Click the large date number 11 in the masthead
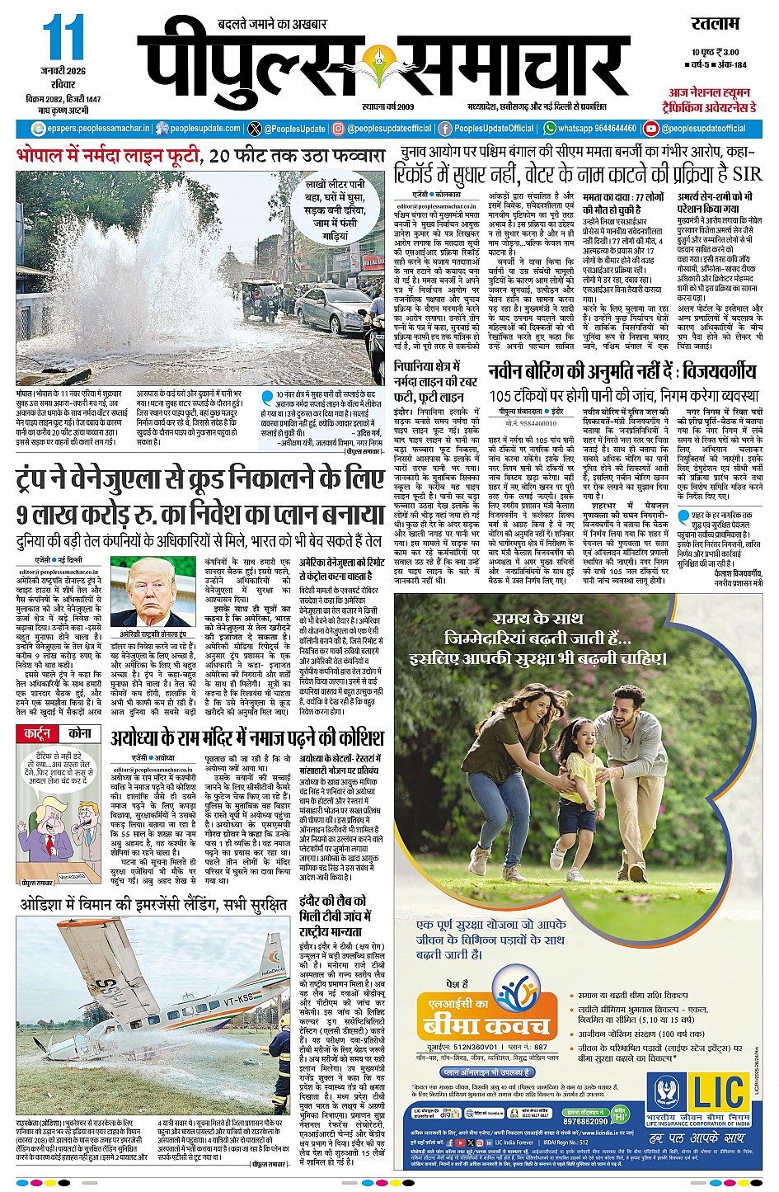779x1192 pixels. [x=63, y=38]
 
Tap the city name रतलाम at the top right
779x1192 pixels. [x=716, y=25]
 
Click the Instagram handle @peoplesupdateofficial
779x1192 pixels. [x=388, y=129]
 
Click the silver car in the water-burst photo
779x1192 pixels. [x=335, y=310]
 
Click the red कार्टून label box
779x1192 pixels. [x=37, y=733]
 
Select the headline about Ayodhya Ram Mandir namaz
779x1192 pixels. [x=247, y=736]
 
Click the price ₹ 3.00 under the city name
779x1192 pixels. [x=725, y=52]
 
